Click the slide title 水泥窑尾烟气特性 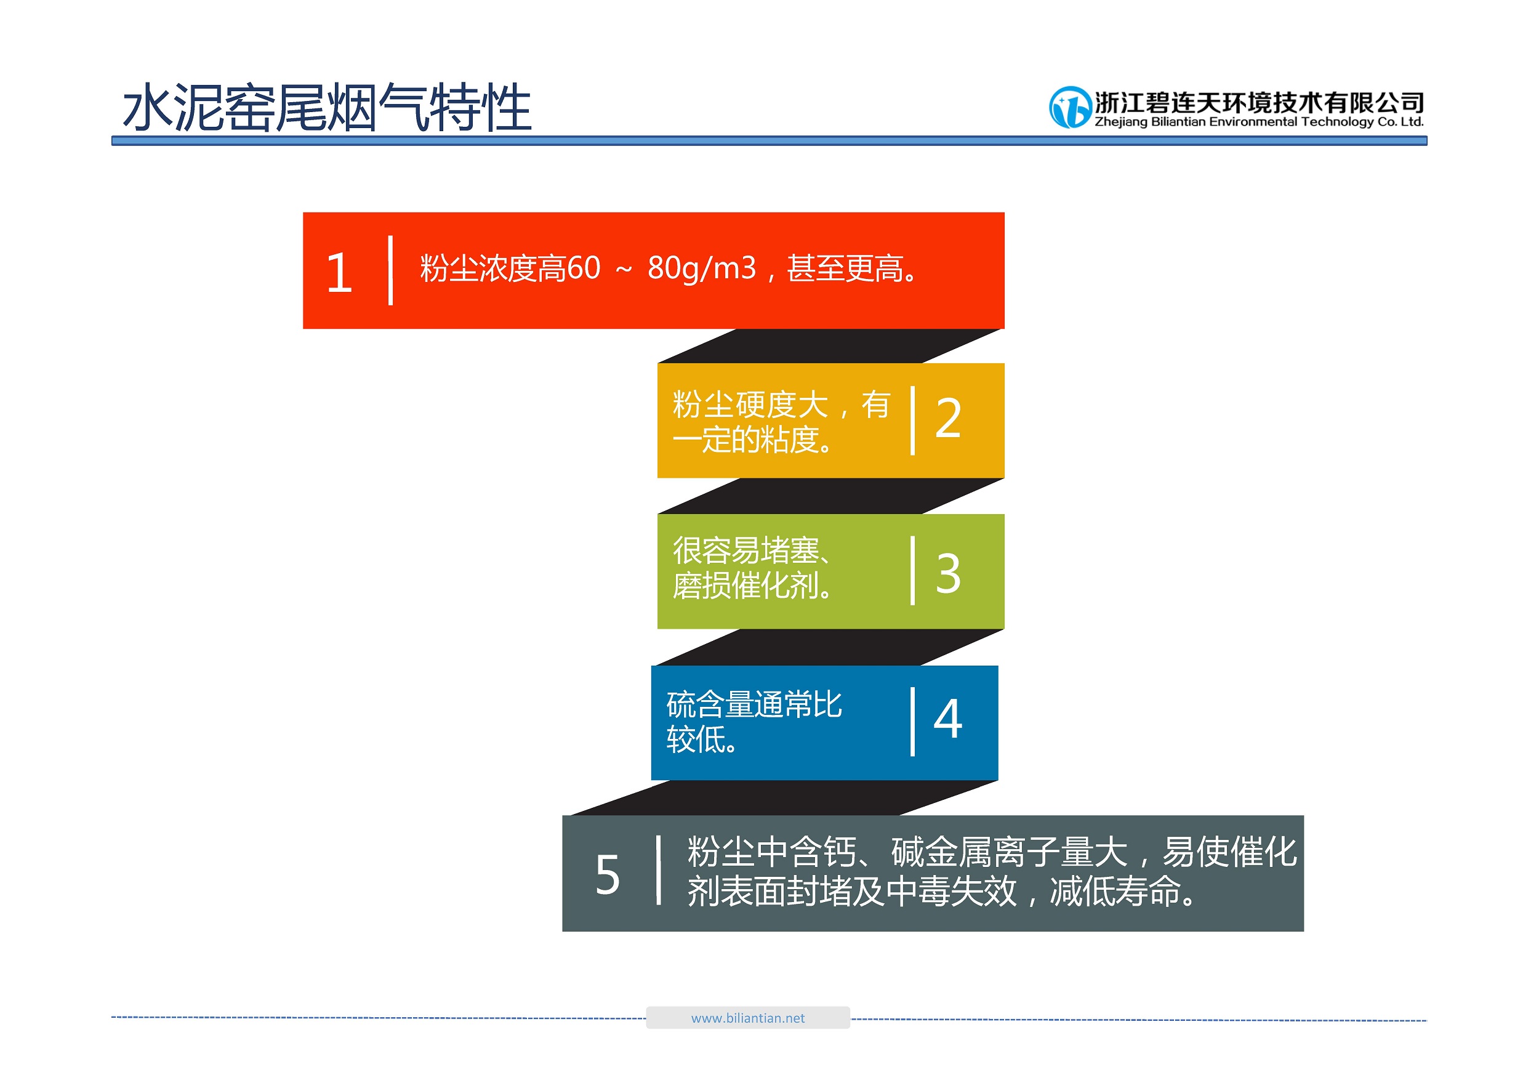[x=327, y=107]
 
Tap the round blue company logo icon [x=1070, y=107]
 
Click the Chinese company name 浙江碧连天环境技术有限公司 [x=1260, y=103]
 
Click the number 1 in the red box [x=339, y=273]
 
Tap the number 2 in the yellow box [x=948, y=418]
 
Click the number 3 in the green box [x=948, y=573]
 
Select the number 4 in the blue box [x=948, y=719]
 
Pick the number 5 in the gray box [x=607, y=875]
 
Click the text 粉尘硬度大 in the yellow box [x=750, y=405]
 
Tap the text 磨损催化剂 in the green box [x=745, y=587]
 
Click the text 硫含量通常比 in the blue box [x=754, y=704]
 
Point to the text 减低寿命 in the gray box [x=1115, y=892]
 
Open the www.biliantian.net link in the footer [x=748, y=1018]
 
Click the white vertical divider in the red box [x=390, y=270]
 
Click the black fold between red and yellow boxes [x=830, y=346]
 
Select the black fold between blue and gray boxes [x=783, y=798]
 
